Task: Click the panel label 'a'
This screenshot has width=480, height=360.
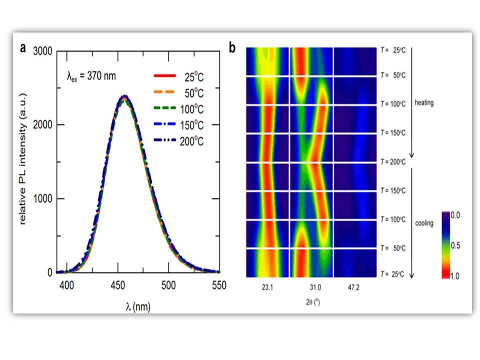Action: [23, 48]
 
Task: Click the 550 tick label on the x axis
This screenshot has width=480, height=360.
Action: [218, 285]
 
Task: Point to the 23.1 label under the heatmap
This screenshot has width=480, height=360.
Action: [266, 287]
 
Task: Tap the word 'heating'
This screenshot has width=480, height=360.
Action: [423, 103]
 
